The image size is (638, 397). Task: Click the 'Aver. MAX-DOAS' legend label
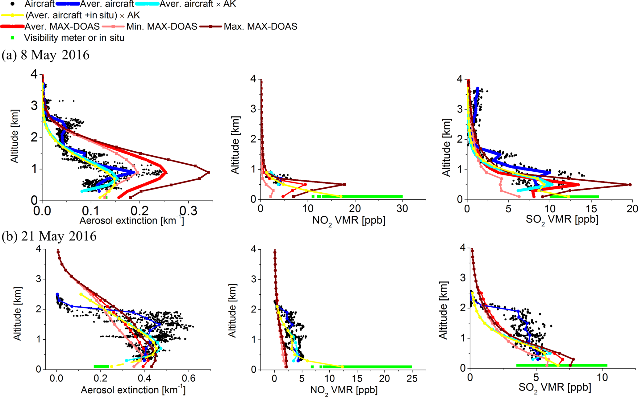click(x=62, y=27)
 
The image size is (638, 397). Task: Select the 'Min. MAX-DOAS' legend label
click(x=162, y=27)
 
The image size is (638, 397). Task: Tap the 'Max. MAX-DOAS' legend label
click(x=260, y=27)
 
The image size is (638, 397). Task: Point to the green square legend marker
click(x=13, y=38)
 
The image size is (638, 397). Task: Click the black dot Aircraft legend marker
click(x=13, y=4)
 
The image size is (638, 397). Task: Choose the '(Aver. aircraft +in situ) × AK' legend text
click(x=83, y=15)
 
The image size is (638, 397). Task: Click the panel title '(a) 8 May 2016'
click(x=46, y=55)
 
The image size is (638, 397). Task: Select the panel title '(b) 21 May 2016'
click(x=49, y=236)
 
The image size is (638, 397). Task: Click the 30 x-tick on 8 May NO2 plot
click(x=402, y=209)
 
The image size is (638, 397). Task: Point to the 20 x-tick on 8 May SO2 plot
click(x=632, y=209)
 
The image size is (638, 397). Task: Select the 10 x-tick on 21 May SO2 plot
click(x=602, y=377)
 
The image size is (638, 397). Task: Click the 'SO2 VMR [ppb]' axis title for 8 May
click(x=562, y=220)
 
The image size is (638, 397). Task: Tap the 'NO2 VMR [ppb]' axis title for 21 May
click(x=344, y=390)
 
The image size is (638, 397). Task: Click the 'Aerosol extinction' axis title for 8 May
click(x=132, y=221)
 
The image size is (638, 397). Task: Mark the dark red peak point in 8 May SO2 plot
click(x=630, y=185)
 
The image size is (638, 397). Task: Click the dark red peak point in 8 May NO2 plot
click(x=344, y=185)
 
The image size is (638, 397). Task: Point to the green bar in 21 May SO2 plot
click(x=561, y=365)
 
